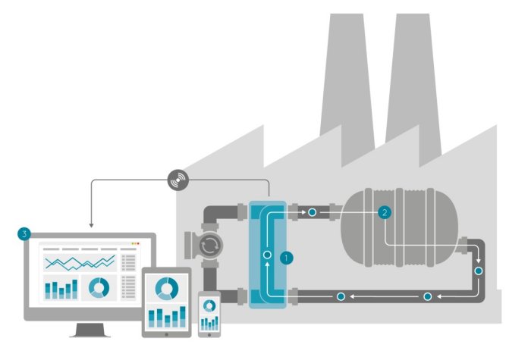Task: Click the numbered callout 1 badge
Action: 286,257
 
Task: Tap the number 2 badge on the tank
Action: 385,212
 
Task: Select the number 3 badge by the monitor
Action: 24,235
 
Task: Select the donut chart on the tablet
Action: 167,287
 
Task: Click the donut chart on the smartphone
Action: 209,305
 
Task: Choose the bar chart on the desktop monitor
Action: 61,289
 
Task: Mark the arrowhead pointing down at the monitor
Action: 91,224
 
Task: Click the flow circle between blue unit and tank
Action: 313,212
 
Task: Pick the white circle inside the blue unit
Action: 267,255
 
